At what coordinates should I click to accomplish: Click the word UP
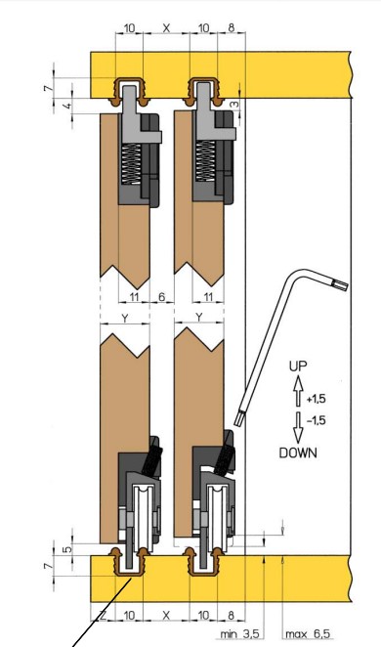298,367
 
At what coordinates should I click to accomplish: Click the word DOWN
299,453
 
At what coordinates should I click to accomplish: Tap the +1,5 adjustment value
316,399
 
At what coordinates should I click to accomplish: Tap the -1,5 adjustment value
317,420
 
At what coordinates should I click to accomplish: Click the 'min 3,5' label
239,633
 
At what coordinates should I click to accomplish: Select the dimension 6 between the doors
161,297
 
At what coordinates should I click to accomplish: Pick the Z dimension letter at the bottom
103,616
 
